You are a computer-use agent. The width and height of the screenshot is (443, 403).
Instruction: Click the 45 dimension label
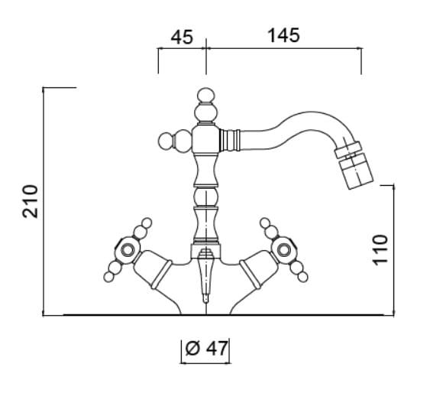click(182, 37)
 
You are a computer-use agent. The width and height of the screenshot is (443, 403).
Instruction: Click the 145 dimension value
click(283, 36)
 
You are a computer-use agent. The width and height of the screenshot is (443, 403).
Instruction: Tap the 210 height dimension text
click(31, 201)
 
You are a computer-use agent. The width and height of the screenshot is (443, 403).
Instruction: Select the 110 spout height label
click(380, 250)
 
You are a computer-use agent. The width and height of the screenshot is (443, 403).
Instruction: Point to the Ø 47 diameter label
click(206, 349)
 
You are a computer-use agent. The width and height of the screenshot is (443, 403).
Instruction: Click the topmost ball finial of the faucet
click(205, 96)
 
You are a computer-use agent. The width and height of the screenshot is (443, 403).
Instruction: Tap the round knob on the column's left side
click(167, 141)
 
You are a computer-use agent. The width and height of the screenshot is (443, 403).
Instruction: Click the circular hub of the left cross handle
click(128, 250)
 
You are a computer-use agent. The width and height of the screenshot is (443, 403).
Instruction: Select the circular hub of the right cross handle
click(283, 250)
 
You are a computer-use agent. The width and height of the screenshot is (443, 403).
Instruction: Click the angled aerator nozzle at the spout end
click(354, 166)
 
